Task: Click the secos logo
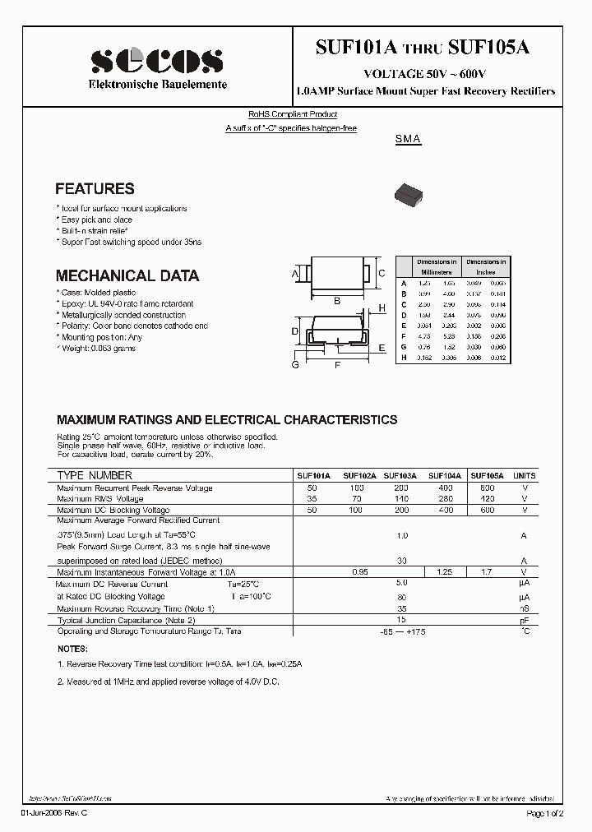(x=156, y=61)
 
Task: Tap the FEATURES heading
(x=95, y=189)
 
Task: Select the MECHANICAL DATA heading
(x=127, y=276)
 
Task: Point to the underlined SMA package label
(x=408, y=140)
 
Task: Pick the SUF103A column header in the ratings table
(x=401, y=476)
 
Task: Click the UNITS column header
(x=524, y=476)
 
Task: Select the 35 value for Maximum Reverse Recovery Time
(x=402, y=608)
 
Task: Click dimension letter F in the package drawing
(x=337, y=366)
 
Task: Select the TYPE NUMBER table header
(x=95, y=476)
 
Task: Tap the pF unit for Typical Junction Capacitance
(x=524, y=620)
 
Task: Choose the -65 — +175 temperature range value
(x=402, y=631)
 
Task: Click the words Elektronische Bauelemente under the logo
(x=158, y=86)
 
